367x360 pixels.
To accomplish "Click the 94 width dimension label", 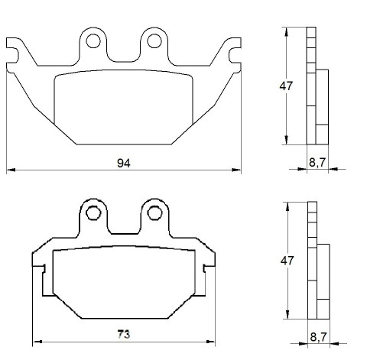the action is click(124, 163).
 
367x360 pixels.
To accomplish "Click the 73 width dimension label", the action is click(124, 334).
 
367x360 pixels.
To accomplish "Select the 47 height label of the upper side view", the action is click(286, 86).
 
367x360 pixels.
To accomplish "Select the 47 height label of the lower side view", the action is click(287, 261).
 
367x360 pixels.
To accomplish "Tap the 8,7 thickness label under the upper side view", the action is click(317, 162).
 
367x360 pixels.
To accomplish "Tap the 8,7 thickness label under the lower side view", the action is click(318, 337).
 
